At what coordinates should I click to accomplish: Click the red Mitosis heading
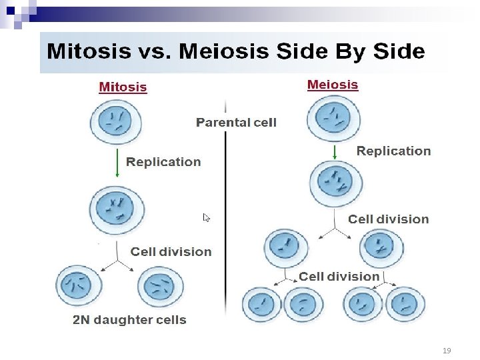(123, 87)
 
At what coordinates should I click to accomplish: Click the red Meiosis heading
(332, 85)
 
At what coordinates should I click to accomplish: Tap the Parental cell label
(236, 122)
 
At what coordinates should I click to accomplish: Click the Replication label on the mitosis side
(163, 161)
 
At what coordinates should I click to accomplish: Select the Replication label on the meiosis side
(393, 151)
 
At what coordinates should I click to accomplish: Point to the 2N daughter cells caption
(129, 320)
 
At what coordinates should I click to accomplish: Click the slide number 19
(447, 350)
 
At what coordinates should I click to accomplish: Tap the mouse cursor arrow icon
(207, 218)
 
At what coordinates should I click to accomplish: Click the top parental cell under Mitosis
(116, 123)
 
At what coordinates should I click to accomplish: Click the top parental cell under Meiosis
(333, 118)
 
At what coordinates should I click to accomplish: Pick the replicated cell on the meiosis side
(336, 182)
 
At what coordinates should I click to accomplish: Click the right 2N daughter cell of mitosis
(160, 287)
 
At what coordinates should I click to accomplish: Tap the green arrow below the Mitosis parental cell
(117, 163)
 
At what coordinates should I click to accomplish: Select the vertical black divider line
(225, 220)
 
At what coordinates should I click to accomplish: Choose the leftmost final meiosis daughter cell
(261, 305)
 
